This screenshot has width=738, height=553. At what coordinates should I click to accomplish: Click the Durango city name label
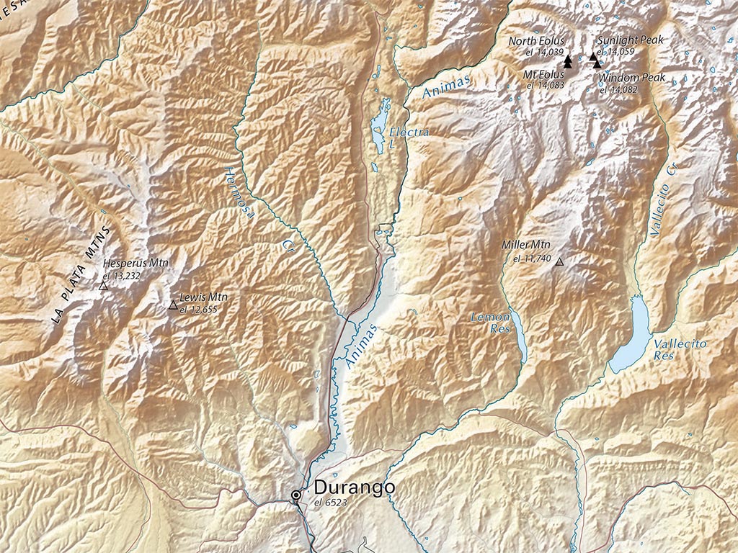(x=354, y=487)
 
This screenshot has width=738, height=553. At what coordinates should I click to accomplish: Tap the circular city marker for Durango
(x=296, y=495)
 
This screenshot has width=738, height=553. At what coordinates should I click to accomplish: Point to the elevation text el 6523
(x=331, y=502)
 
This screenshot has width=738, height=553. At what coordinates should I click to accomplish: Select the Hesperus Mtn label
(x=135, y=264)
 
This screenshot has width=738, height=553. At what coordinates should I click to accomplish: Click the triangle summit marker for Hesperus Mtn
(x=103, y=286)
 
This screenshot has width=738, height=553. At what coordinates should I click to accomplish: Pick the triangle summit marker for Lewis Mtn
(x=173, y=305)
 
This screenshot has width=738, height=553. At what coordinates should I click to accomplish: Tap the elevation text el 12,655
(x=198, y=309)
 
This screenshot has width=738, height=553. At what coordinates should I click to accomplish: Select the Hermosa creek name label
(x=236, y=189)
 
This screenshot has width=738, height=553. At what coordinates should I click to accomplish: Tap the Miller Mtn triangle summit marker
(x=559, y=262)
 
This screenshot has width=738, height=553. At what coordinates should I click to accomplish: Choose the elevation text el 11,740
(x=532, y=258)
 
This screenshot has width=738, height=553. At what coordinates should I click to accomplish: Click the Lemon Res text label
(x=490, y=322)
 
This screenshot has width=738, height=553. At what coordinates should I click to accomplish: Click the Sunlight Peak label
(x=630, y=40)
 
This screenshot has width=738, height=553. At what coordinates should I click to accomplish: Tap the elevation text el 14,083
(x=545, y=85)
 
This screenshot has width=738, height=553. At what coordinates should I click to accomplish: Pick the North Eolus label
(x=536, y=41)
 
